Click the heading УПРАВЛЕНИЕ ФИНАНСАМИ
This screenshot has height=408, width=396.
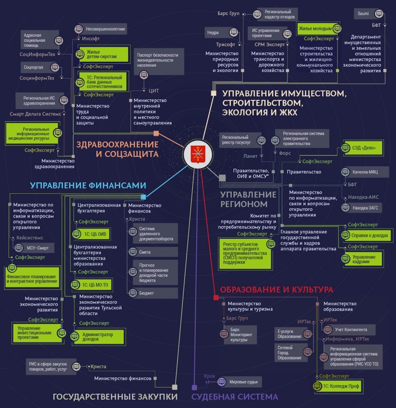pyautogui.click(x=88, y=186)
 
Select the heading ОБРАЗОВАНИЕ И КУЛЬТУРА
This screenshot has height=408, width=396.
pyautogui.click(x=276, y=290)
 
